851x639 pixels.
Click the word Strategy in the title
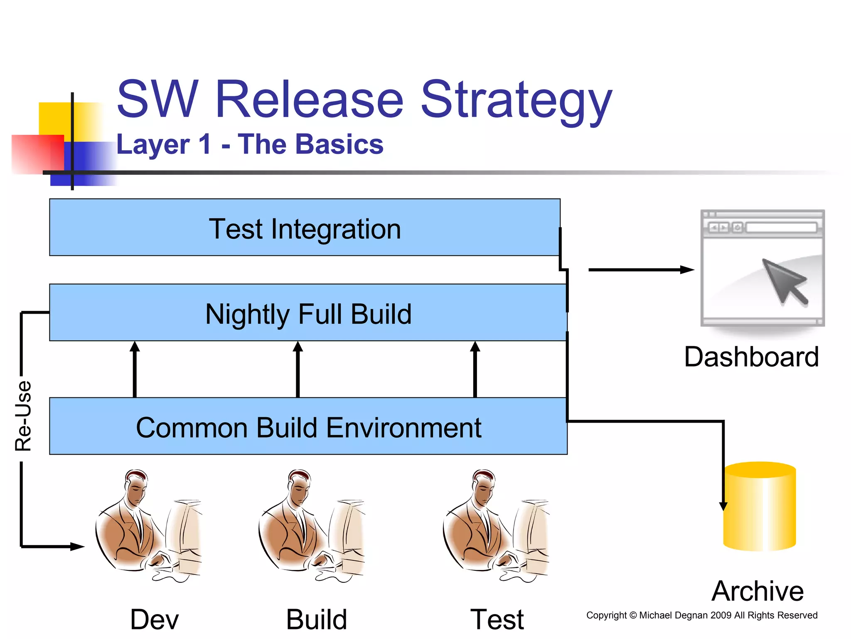pos(516,100)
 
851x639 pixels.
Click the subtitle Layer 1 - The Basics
pos(249,144)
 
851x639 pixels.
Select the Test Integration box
pos(305,228)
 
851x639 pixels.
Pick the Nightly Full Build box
pos(308,313)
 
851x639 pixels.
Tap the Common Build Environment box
pos(308,426)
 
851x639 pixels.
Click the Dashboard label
pos(751,357)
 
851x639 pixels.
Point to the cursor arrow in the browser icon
pos(784,280)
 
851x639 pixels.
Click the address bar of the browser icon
pos(781,228)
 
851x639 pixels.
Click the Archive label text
pos(757,591)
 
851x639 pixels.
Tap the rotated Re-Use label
pos(23,416)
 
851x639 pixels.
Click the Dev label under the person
pos(154,619)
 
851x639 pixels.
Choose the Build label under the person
pos(316,619)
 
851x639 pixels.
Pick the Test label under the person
pos(497,619)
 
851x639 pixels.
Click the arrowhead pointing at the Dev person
pos(77,546)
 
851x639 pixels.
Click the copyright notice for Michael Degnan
pos(701,615)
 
